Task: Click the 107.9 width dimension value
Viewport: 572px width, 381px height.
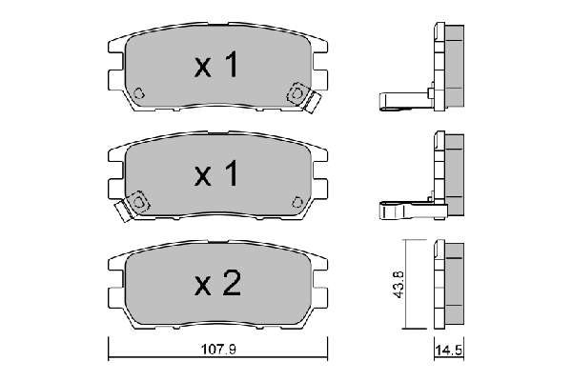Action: coord(218,350)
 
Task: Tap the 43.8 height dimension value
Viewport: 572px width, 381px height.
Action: coord(399,285)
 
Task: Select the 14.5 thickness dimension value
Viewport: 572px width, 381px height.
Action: coord(449,351)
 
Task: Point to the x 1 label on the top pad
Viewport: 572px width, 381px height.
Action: coord(216,64)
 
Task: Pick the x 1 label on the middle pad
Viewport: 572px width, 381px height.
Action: coord(216,173)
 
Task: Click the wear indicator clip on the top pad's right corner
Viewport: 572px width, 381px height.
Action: coord(303,97)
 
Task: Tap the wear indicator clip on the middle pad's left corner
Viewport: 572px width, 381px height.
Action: coord(133,206)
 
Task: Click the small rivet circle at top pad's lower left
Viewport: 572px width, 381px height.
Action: coord(138,93)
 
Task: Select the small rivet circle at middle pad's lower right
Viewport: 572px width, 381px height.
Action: coord(297,202)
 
